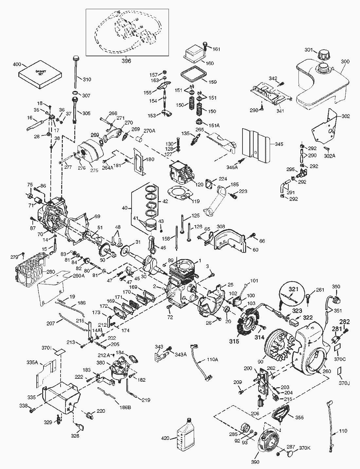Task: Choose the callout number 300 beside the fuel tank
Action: [345, 61]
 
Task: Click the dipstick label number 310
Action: [87, 79]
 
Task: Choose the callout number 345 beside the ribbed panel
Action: [279, 144]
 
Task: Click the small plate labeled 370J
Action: [339, 370]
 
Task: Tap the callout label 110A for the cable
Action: [212, 359]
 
